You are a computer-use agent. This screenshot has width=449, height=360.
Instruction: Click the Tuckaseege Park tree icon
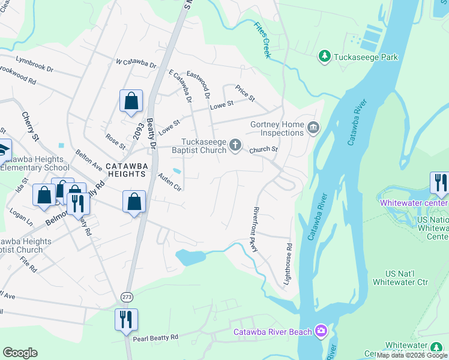tap(325, 56)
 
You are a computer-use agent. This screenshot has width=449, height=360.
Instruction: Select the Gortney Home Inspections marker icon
tap(313, 127)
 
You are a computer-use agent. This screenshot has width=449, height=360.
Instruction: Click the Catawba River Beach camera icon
tap(322, 331)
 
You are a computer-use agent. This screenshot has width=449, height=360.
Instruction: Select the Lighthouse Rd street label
tap(288, 263)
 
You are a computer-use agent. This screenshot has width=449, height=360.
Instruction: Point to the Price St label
tap(245, 92)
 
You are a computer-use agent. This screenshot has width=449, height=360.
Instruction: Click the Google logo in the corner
tap(20, 353)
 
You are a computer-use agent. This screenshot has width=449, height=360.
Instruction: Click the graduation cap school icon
tap(3, 149)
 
